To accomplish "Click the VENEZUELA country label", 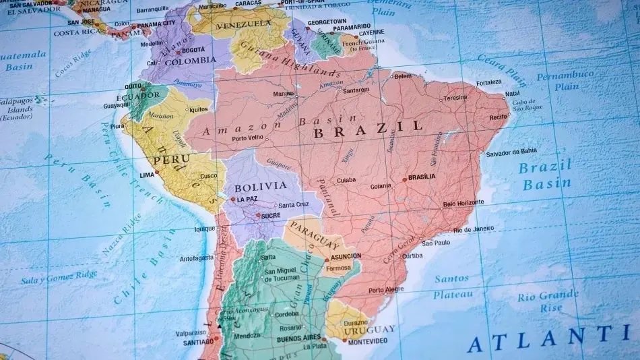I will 243,26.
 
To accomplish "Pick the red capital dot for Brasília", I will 404,179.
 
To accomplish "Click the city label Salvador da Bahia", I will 511,152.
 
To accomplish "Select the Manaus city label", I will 284,94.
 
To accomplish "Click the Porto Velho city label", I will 247,139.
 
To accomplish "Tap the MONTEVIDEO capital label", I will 368,341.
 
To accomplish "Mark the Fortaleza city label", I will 488,83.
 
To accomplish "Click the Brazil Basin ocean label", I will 545,175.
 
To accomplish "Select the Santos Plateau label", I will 451,286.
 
